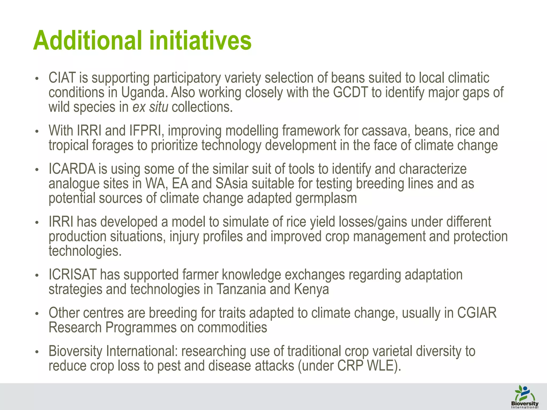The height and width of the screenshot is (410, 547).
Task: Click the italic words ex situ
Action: coord(150,107)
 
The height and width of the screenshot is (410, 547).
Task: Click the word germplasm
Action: coord(326,198)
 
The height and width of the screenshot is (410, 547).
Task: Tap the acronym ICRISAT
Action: coord(72,275)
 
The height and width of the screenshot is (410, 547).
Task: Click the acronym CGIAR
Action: coord(477,313)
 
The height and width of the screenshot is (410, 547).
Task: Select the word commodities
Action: coord(232,328)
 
